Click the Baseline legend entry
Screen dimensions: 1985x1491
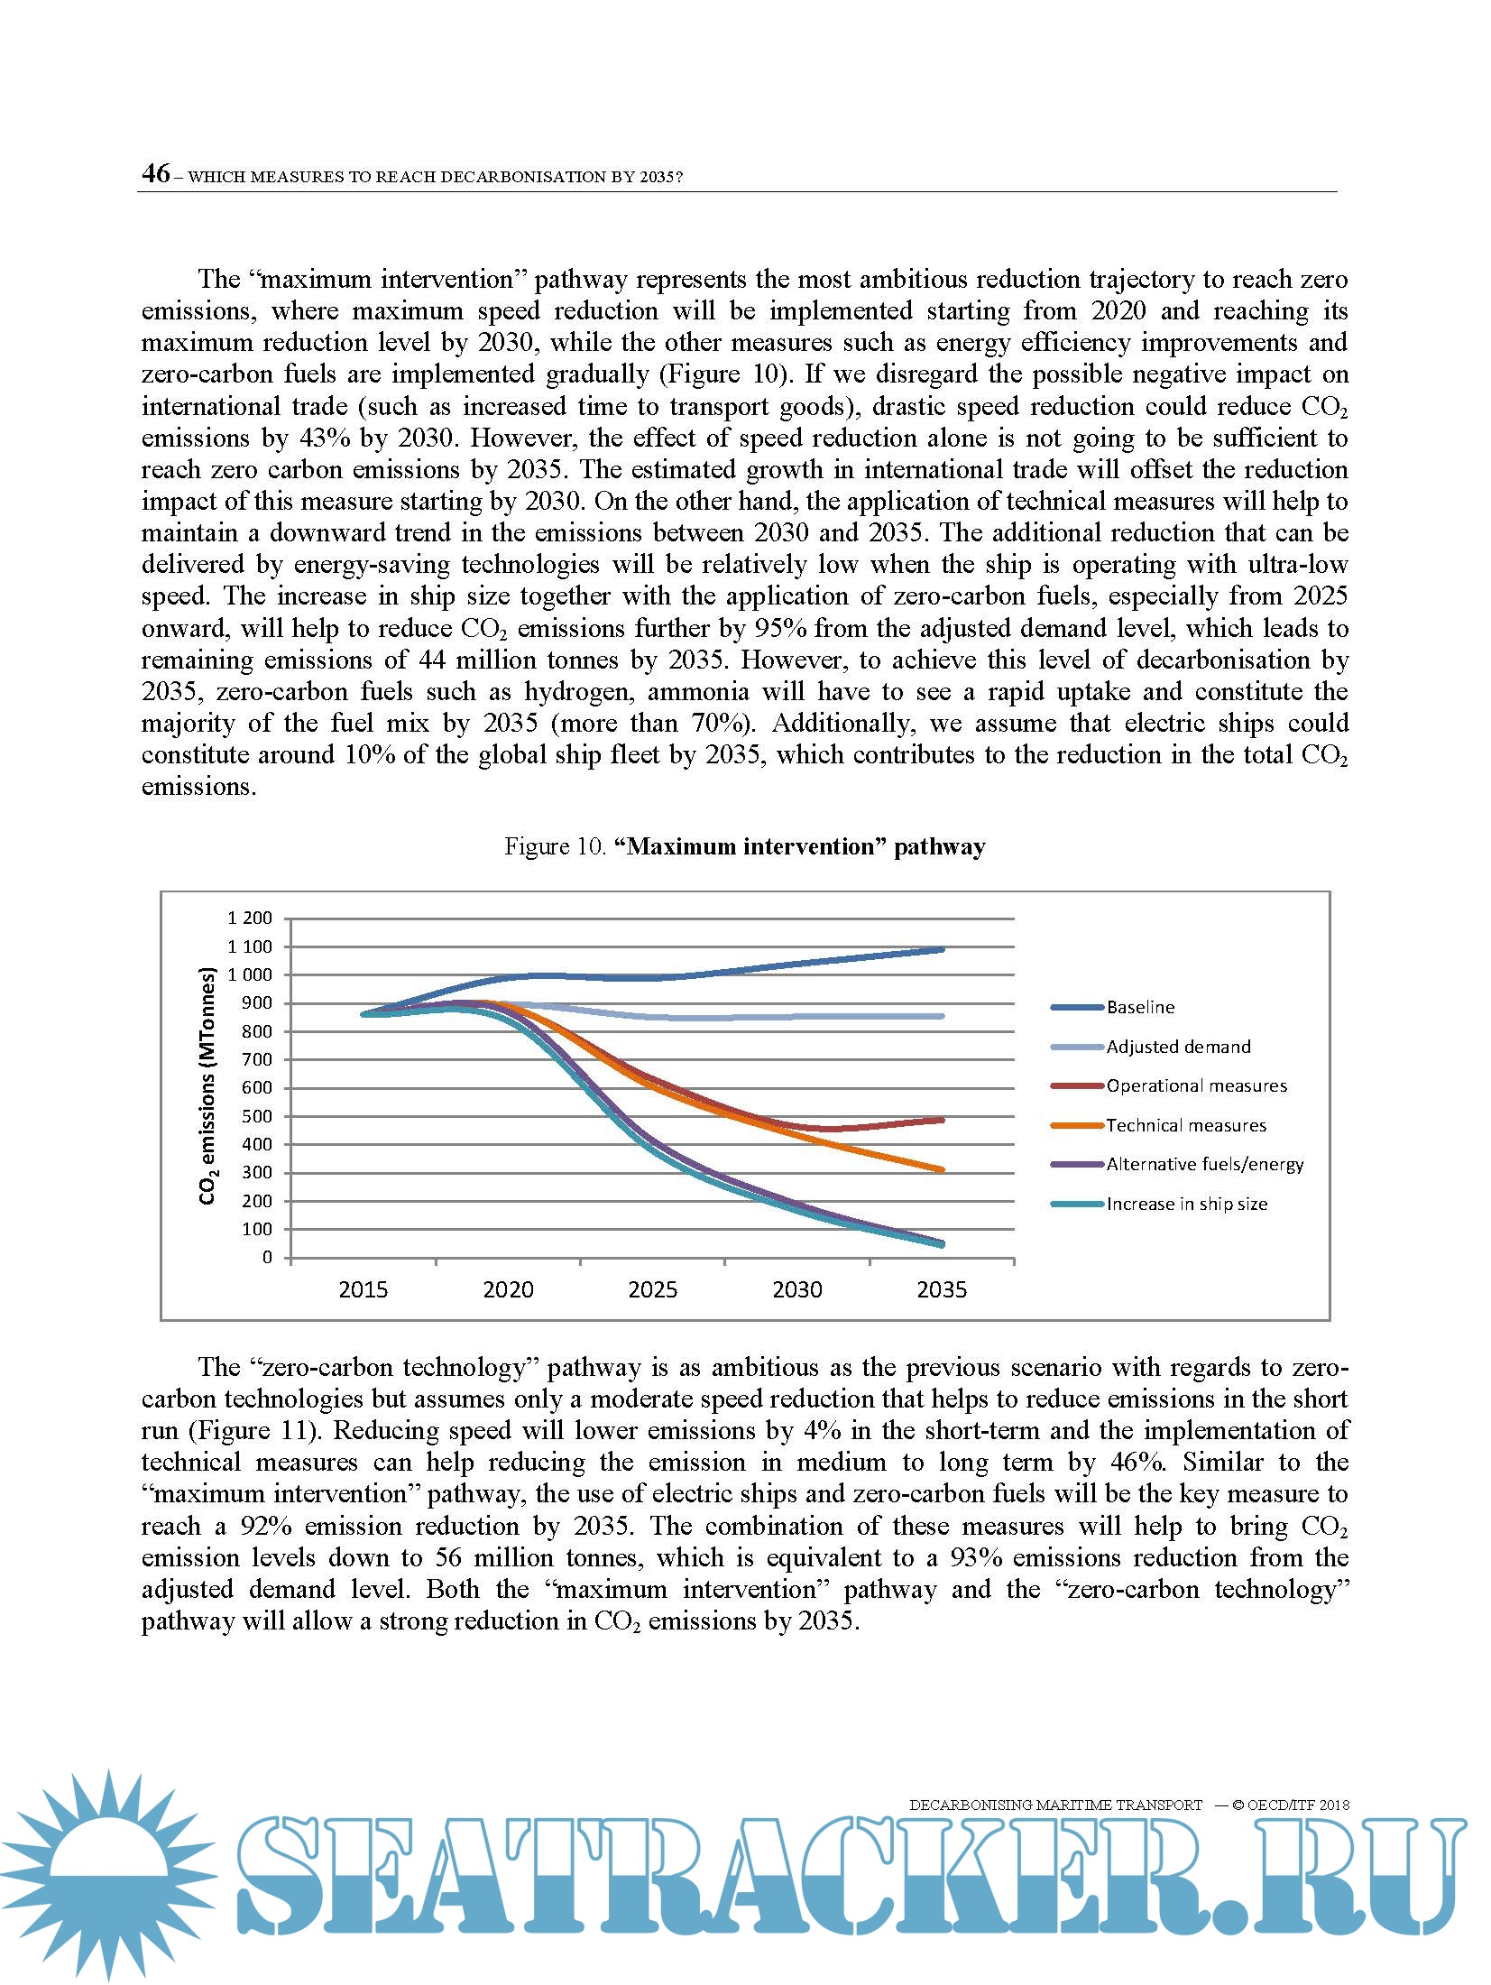pyautogui.click(x=1140, y=1007)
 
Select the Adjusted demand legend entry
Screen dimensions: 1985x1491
pyautogui.click(x=1178, y=1047)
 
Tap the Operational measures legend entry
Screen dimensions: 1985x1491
pyautogui.click(x=1196, y=1085)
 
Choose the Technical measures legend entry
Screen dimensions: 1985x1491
pyautogui.click(x=1186, y=1125)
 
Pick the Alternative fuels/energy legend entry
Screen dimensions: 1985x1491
pyautogui.click(x=1205, y=1164)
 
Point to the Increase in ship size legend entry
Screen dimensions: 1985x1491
pyautogui.click(x=1187, y=1204)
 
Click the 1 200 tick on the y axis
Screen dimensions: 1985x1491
pyautogui.click(x=249, y=919)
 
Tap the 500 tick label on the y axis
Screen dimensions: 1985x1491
pyautogui.click(x=256, y=1116)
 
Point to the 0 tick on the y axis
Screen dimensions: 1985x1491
pyautogui.click(x=267, y=1257)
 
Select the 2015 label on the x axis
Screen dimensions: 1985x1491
pyautogui.click(x=363, y=1289)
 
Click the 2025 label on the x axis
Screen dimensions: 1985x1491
pyautogui.click(x=652, y=1289)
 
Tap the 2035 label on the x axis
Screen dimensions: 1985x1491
pyautogui.click(x=942, y=1289)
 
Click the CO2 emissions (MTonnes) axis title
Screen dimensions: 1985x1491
pyautogui.click(x=208, y=1086)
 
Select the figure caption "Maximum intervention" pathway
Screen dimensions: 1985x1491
pyautogui.click(x=744, y=846)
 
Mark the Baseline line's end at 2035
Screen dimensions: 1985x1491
pyautogui.click(x=942, y=949)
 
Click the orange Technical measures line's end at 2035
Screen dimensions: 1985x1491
pyautogui.click(x=942, y=1169)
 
